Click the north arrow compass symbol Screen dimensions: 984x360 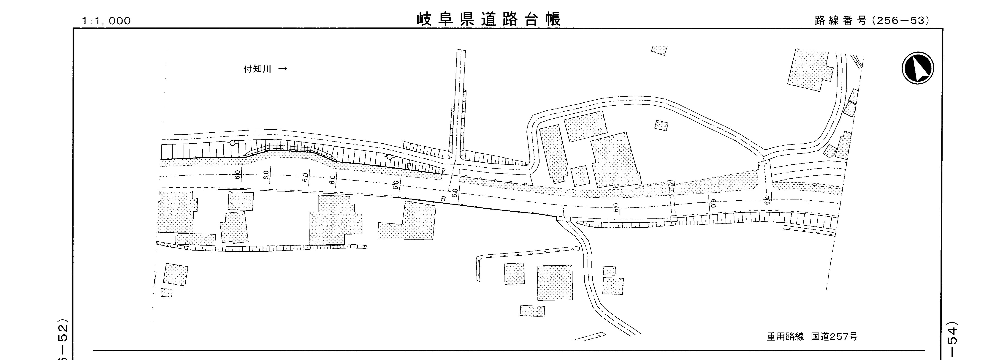[918, 68]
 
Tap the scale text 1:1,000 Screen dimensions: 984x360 [106, 21]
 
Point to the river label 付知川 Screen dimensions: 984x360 [257, 69]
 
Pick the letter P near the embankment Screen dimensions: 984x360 [409, 166]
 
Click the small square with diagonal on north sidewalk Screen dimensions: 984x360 [671, 183]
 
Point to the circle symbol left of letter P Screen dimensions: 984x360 [389, 157]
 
